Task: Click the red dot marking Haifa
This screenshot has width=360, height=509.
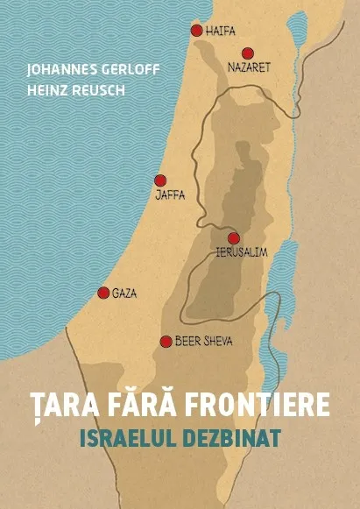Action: (x=196, y=31)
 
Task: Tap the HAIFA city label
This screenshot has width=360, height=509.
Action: (x=221, y=31)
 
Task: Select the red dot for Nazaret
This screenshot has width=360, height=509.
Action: (x=248, y=53)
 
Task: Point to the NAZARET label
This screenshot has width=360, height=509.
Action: (x=250, y=67)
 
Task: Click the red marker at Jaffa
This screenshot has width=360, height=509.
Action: (x=160, y=180)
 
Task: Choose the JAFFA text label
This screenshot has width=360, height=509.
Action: (x=170, y=194)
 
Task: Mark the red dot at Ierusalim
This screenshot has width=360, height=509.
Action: (x=234, y=238)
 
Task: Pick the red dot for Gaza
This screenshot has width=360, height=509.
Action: (x=103, y=293)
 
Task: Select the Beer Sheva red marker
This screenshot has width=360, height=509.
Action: (x=166, y=341)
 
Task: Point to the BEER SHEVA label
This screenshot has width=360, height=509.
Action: (x=204, y=341)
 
